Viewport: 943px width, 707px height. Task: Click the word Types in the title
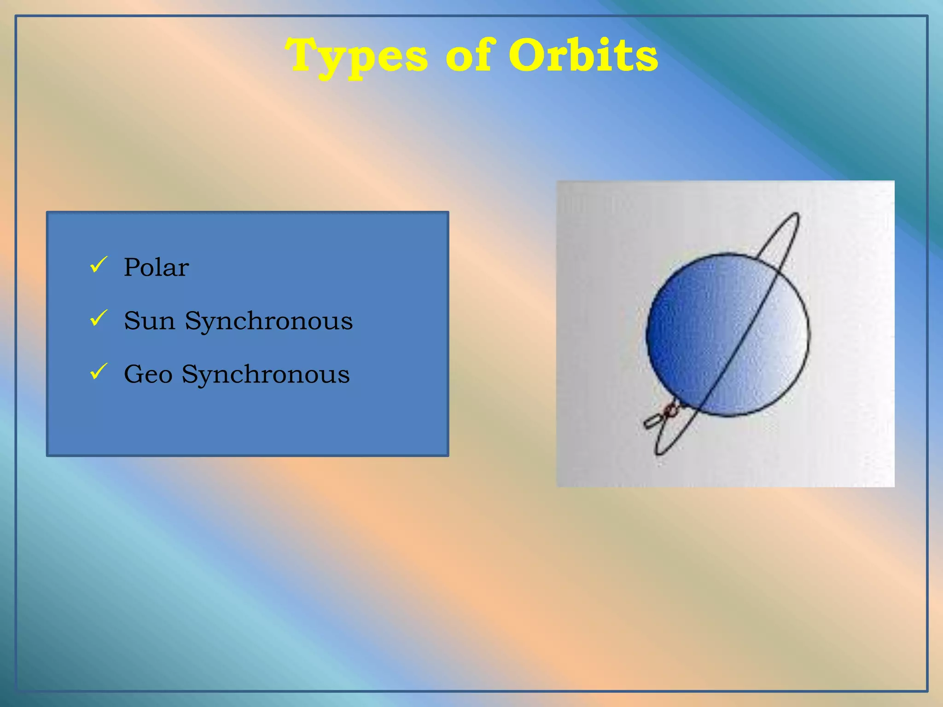357,56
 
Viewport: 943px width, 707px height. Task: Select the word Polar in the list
156,267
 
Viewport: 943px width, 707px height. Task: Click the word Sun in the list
150,321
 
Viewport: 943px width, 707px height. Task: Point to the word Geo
148,374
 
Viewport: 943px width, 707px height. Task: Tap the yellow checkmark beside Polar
99,265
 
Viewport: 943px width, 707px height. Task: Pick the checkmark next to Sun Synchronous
99,318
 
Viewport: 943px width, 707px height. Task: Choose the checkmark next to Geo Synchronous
99,371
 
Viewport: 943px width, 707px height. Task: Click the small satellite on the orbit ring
662,416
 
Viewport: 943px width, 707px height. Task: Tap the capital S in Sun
132,321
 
